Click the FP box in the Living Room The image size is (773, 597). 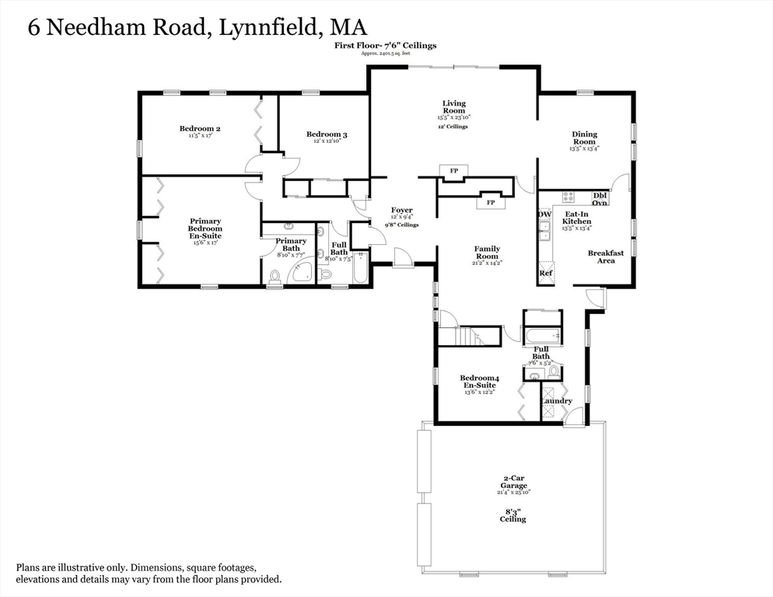453,171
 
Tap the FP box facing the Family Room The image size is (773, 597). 491,203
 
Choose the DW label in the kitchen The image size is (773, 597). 545,214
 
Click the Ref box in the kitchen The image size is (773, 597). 546,274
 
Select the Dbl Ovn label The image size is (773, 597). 600,199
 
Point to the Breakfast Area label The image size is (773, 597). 606,257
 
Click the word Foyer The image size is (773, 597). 402,211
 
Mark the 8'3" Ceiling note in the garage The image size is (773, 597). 512,515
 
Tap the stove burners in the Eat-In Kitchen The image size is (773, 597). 568,197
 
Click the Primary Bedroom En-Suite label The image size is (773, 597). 205,229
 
